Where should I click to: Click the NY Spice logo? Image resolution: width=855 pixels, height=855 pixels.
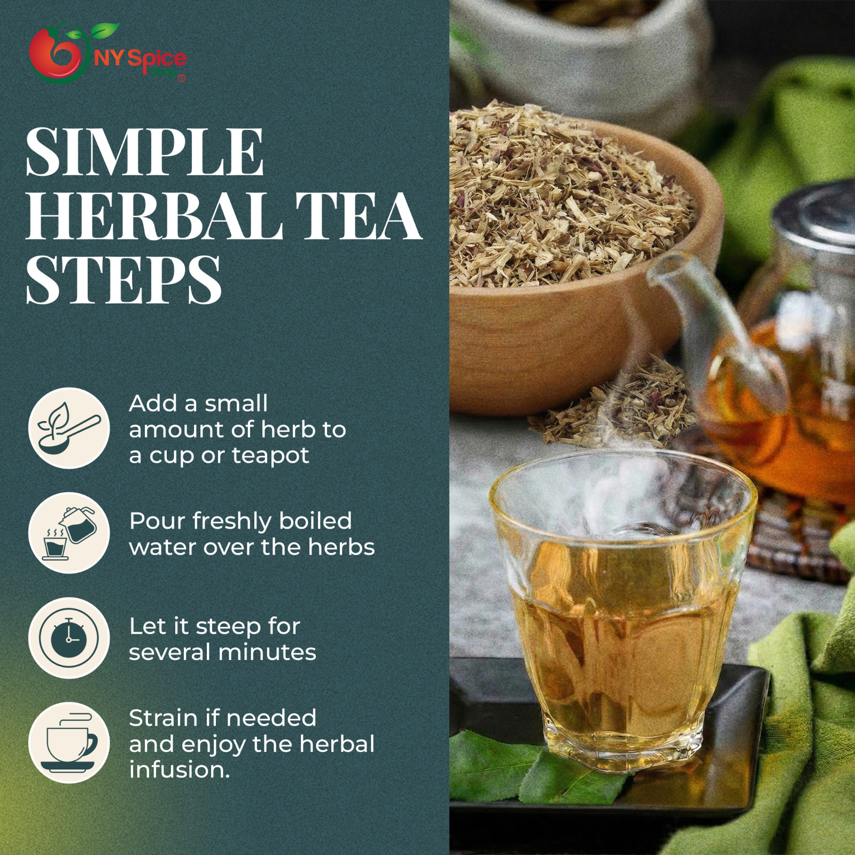point(107,54)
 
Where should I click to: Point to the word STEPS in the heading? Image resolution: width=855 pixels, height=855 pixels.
point(123,281)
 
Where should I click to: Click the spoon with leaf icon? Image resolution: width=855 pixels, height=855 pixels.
point(69,429)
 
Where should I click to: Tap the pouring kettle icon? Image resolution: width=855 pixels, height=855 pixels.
point(69,533)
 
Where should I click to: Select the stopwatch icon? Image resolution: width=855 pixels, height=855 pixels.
point(69,638)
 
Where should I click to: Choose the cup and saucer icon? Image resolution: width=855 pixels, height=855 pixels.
point(69,743)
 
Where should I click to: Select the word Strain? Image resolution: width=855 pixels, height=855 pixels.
point(163,718)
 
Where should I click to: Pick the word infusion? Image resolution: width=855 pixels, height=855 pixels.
point(179,770)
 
